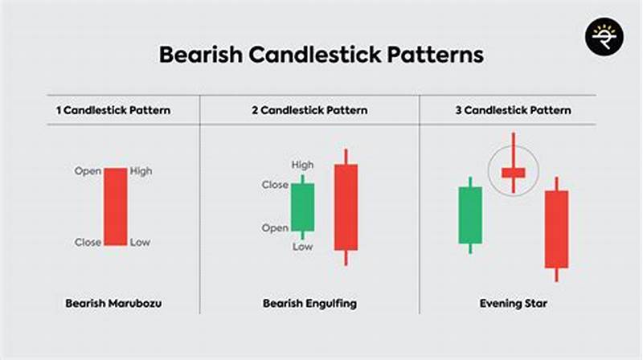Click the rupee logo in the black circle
coord(600,37)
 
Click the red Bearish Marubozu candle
coord(114,207)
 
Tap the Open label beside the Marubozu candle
coord(87,171)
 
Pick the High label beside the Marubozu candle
coord(141,171)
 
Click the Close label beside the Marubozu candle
coord(88,242)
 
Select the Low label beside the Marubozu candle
coord(139,242)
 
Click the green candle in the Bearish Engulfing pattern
coord(302,207)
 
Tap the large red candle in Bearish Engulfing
coord(346,207)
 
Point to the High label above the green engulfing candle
coord(303,166)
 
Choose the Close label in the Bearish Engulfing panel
coord(275,185)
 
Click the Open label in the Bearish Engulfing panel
coord(275,228)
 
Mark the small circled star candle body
coord(513,171)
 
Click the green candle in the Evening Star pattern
coord(470,215)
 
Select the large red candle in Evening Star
coord(556,229)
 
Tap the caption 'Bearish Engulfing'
coord(309,304)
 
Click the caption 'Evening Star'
coord(507,304)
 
